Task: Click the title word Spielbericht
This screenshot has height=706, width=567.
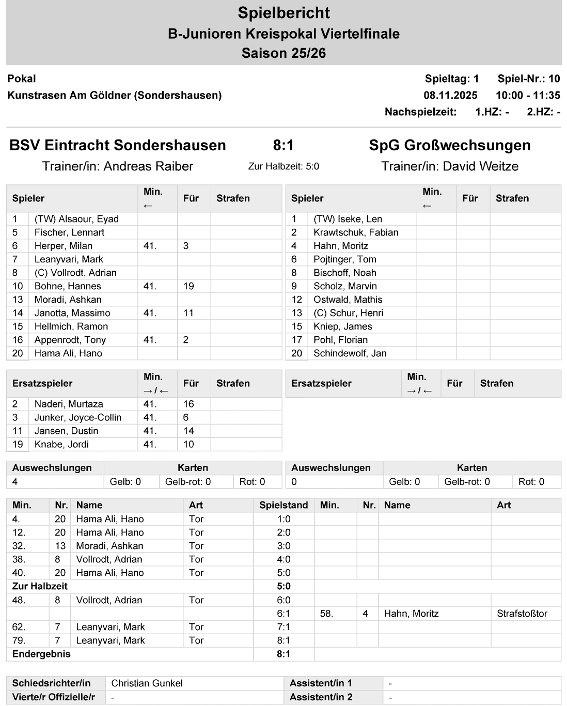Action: click(x=283, y=13)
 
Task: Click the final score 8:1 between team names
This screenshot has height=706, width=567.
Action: click(x=283, y=146)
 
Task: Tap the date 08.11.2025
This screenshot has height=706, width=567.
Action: click(x=450, y=95)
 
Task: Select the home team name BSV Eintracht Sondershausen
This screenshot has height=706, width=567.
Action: click(x=118, y=146)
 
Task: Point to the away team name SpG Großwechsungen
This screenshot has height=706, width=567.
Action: click(x=449, y=146)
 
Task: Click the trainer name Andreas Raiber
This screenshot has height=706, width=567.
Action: click(x=148, y=166)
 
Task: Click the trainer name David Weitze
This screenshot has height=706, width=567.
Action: click(x=480, y=166)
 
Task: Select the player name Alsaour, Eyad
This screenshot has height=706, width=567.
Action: click(x=76, y=219)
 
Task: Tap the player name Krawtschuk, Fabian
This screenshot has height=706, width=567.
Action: click(x=356, y=232)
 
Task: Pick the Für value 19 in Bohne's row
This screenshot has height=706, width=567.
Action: click(x=188, y=286)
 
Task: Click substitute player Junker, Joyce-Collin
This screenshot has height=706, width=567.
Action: click(x=78, y=417)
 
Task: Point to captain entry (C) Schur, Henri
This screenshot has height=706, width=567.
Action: click(x=348, y=313)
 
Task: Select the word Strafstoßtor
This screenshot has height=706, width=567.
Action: click(x=522, y=614)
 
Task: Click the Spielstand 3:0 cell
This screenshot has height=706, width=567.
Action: click(x=283, y=546)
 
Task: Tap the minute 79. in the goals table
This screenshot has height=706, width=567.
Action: click(x=19, y=640)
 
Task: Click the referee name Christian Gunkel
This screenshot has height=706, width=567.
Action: click(x=147, y=683)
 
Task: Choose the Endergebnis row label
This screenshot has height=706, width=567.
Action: click(x=41, y=654)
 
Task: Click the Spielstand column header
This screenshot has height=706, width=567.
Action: click(x=283, y=505)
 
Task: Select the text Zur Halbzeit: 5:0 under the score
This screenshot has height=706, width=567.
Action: click(x=283, y=166)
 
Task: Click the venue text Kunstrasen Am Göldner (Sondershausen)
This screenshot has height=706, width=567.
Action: click(x=114, y=95)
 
